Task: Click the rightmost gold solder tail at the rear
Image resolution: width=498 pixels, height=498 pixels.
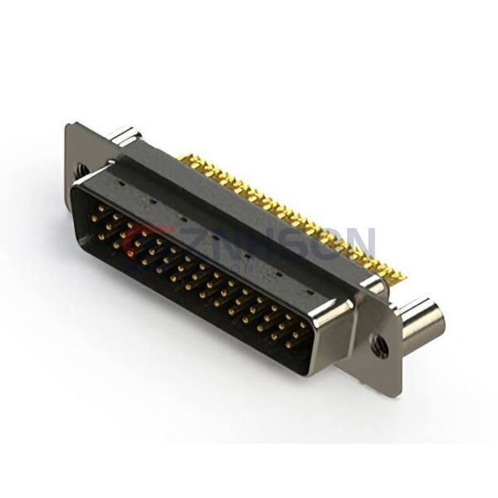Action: tap(401, 275)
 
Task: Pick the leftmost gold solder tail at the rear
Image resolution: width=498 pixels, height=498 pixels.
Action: tap(183, 157)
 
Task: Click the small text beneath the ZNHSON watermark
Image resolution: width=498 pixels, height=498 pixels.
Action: tap(249, 258)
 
